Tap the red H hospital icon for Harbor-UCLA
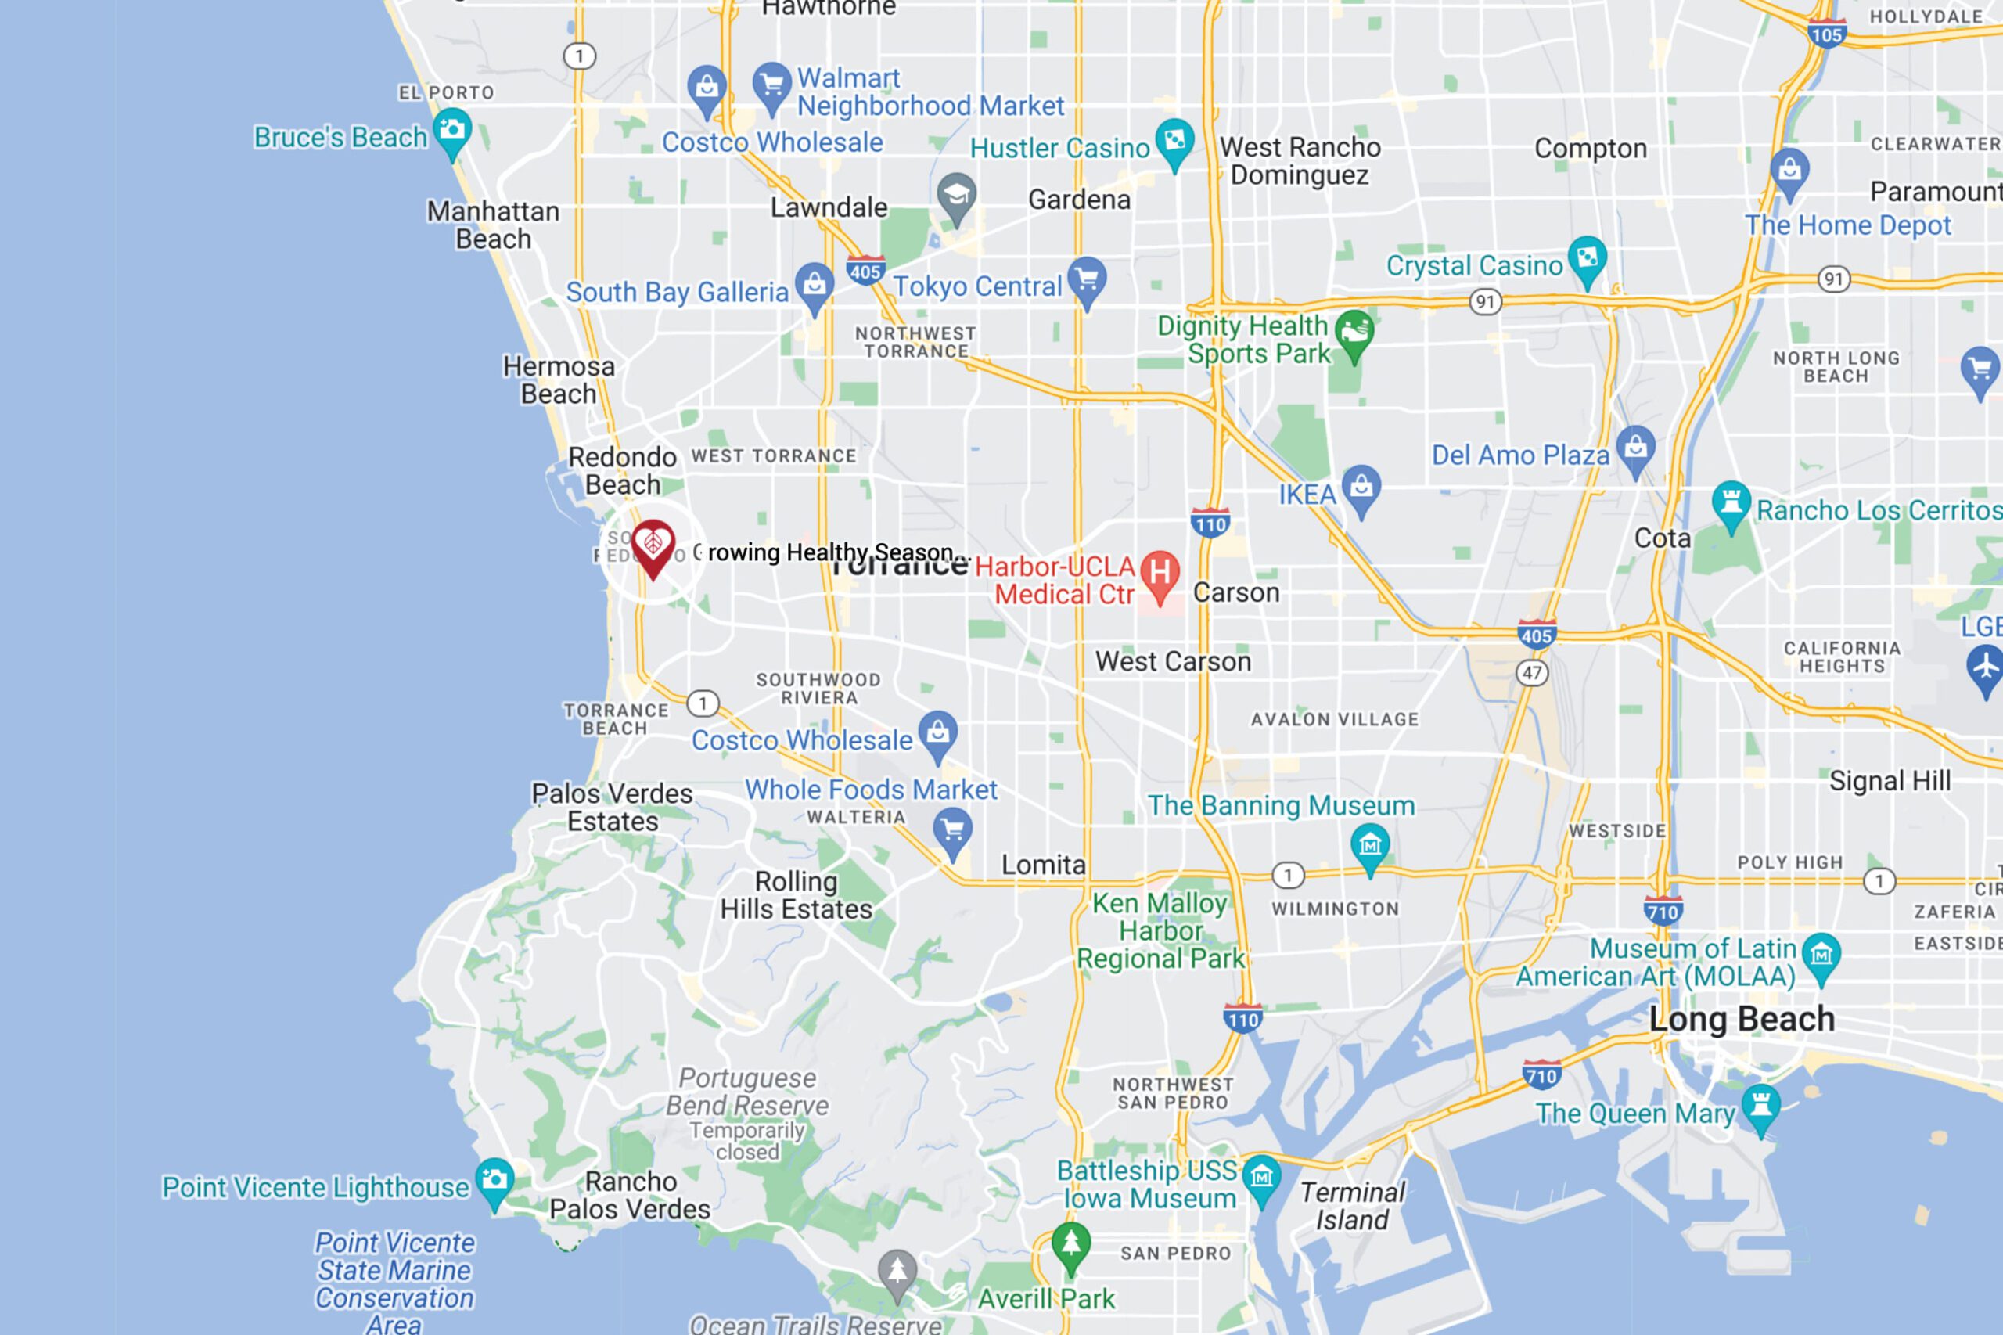pyautogui.click(x=1160, y=574)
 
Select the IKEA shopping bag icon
pyautogui.click(x=1361, y=487)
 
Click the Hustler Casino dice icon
pyautogui.click(x=1174, y=141)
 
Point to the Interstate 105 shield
pyautogui.click(x=1827, y=34)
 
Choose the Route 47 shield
pyautogui.click(x=1532, y=673)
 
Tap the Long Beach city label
pyautogui.click(x=1742, y=1019)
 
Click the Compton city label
pyautogui.click(x=1590, y=148)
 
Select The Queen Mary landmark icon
pyautogui.click(x=1760, y=1107)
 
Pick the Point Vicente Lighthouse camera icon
pyautogui.click(x=494, y=1180)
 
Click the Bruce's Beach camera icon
pyautogui.click(x=452, y=130)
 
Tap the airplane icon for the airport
pyautogui.click(x=1986, y=666)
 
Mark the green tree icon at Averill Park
pyautogui.click(x=1071, y=1245)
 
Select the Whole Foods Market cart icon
pyautogui.click(x=952, y=829)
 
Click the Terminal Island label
pyautogui.click(x=1352, y=1206)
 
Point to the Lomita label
pyautogui.click(x=1043, y=865)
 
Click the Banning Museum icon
pyautogui.click(x=1370, y=845)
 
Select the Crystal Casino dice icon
pyautogui.click(x=1588, y=258)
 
